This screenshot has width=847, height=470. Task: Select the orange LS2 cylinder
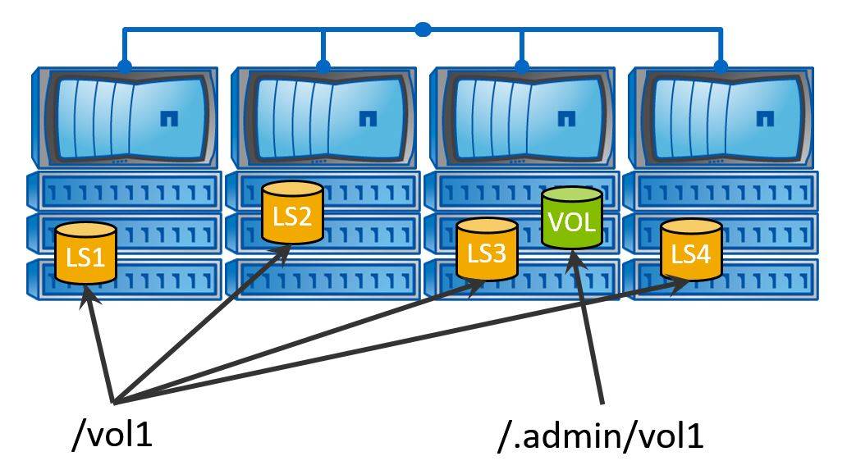[291, 214]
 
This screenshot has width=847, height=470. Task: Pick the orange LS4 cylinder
[691, 250]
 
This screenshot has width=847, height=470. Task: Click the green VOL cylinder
[572, 219]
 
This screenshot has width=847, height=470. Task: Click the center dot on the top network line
[423, 30]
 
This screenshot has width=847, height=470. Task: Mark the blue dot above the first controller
[124, 66]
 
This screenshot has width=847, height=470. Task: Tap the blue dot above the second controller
[323, 66]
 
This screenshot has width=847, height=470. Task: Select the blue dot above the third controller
[522, 66]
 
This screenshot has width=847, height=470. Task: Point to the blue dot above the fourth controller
[721, 66]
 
